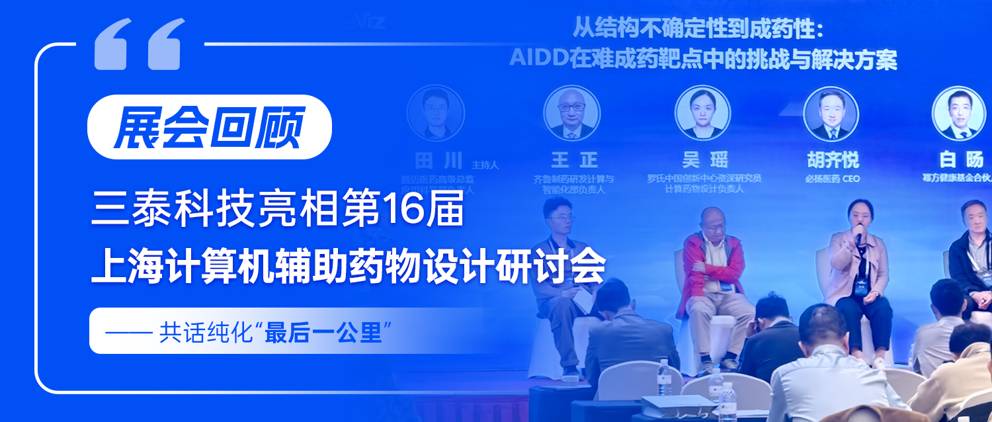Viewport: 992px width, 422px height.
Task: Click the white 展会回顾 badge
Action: coord(209,127)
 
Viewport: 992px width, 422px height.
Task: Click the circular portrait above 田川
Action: coord(435,113)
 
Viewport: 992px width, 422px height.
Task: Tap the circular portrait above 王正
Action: coord(571,113)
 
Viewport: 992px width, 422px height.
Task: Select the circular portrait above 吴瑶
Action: coord(702,113)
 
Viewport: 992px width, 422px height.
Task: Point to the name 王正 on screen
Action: coord(574,159)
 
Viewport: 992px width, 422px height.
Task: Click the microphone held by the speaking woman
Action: coord(859,236)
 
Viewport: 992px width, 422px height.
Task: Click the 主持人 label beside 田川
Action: coord(485,164)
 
